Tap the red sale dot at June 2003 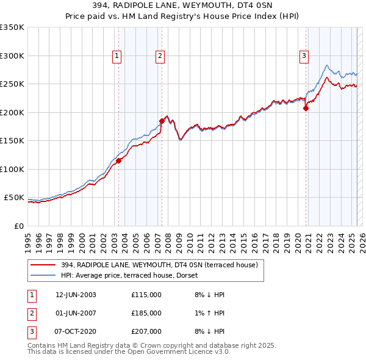coord(119,160)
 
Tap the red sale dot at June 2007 coord(162,121)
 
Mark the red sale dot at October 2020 coord(306,109)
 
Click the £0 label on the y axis coord(18,226)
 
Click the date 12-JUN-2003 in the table coord(76,295)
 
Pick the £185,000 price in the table coord(146,312)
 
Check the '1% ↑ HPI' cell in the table coord(209,312)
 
